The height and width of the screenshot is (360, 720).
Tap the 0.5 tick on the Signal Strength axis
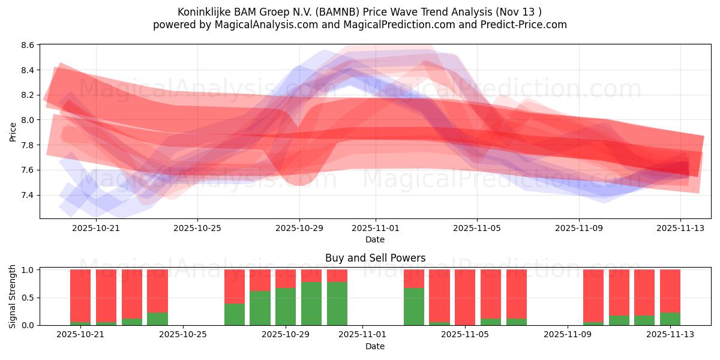coord(28,298)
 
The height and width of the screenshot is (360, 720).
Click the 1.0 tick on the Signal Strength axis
coord(28,270)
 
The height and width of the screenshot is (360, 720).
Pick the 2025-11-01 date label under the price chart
coord(376,228)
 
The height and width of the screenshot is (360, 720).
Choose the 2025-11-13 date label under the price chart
coord(680,228)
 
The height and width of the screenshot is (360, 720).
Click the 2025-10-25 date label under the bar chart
coord(183,334)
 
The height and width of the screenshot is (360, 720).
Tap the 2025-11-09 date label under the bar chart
coord(566,334)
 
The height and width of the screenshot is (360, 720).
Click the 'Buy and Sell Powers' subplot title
coord(375,258)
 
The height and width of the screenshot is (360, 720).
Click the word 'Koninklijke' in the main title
coord(204,12)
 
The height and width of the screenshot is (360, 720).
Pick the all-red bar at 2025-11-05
coord(465,298)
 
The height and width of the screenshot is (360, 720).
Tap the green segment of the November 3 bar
coord(414,307)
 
